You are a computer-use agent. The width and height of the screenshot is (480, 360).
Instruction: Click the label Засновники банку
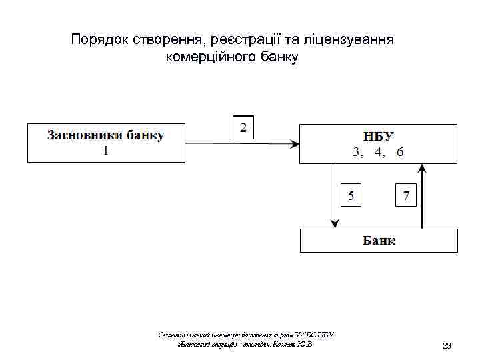[x=105, y=135]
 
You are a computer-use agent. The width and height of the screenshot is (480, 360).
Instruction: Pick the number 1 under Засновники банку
[x=105, y=151]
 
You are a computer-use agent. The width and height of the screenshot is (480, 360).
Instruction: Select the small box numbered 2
[x=243, y=127]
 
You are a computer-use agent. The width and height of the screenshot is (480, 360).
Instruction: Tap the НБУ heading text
[x=378, y=135]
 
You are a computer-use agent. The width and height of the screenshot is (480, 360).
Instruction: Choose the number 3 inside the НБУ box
[x=357, y=152]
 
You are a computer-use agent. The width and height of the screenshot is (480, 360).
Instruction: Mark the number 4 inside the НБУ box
[x=379, y=152]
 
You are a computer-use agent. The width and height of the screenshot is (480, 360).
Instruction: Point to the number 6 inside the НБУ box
[x=399, y=152]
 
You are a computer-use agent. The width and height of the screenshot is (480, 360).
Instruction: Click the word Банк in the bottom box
[x=379, y=240]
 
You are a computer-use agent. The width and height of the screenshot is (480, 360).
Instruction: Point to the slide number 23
[x=447, y=346]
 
